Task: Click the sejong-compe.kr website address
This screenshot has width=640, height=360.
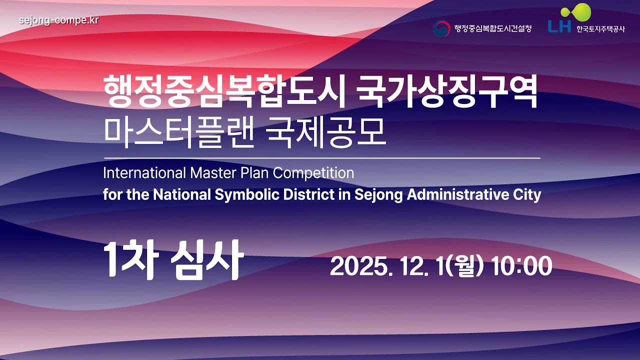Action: click(x=58, y=20)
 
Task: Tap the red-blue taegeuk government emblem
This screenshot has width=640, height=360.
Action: click(x=441, y=28)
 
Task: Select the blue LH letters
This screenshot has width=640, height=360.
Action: click(x=559, y=26)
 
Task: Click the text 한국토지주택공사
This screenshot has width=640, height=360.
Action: click(x=600, y=29)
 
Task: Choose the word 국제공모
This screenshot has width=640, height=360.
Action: click(x=326, y=133)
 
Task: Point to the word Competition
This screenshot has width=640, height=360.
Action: click(x=313, y=173)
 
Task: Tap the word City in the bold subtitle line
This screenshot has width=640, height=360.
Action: click(x=527, y=194)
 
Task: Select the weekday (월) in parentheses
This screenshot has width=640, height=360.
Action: click(x=464, y=266)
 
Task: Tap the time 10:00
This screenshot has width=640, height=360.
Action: click(x=521, y=266)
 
